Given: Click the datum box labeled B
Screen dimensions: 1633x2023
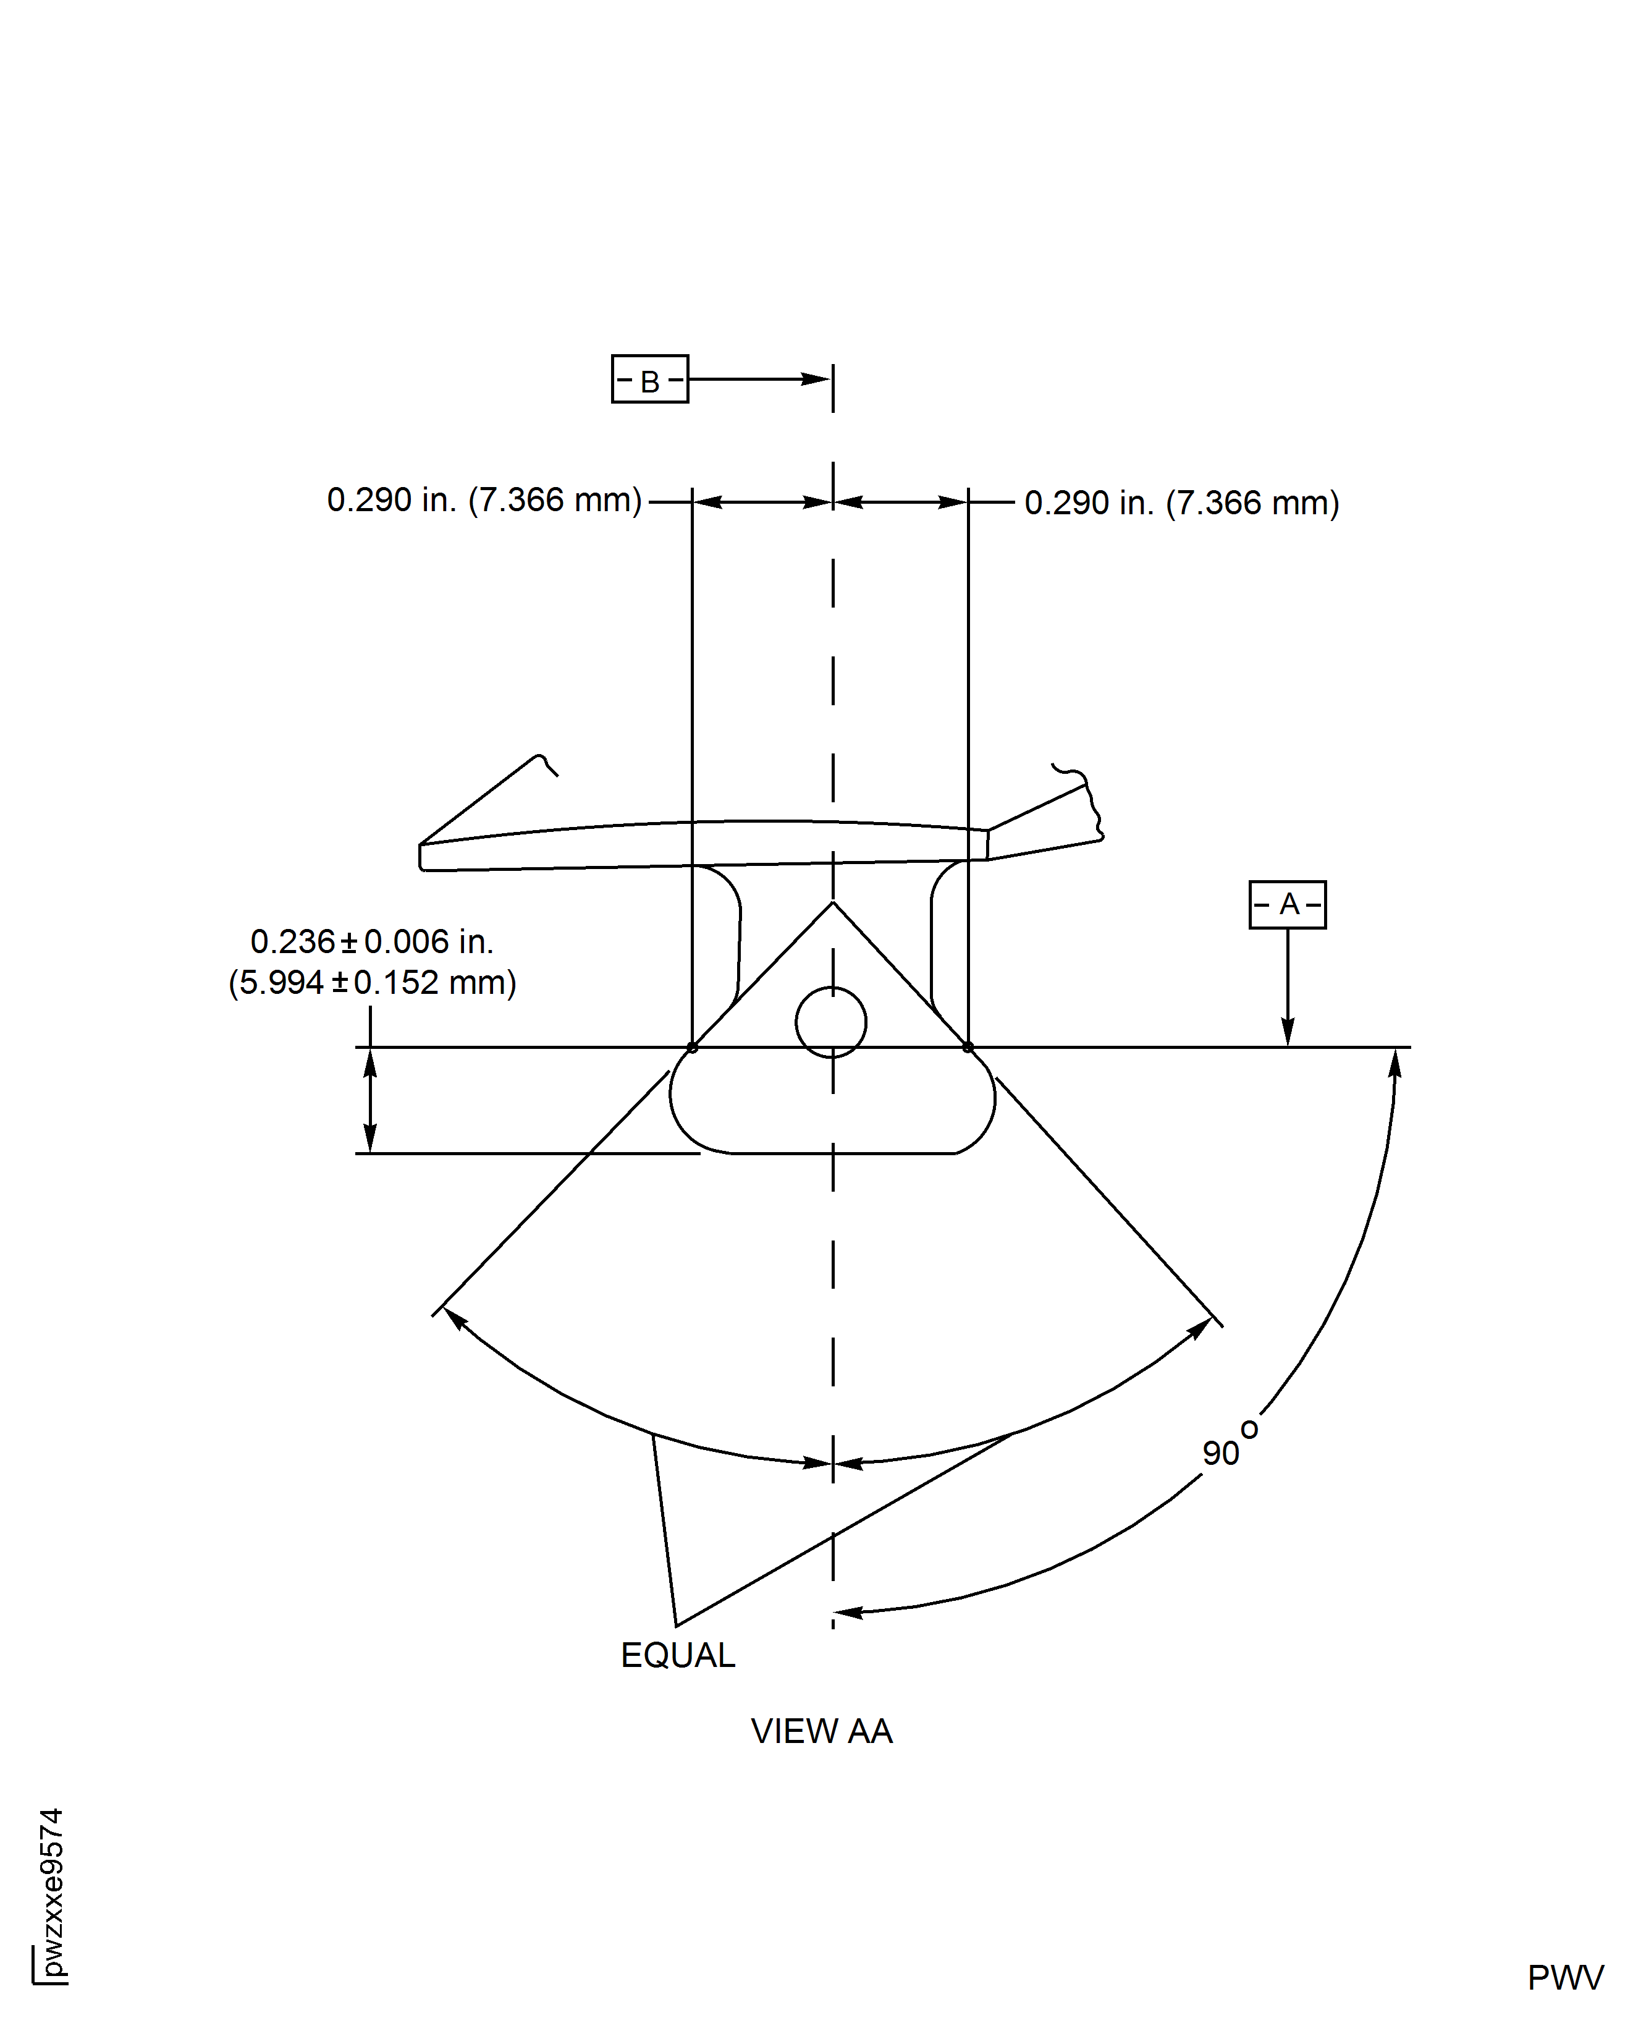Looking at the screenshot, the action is [x=649, y=379].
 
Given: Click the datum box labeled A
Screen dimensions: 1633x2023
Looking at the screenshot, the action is [x=1287, y=904].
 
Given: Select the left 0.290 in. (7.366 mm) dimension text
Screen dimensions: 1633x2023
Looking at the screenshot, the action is [x=484, y=499].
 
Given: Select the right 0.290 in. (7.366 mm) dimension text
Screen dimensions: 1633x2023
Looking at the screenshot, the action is [x=1181, y=503].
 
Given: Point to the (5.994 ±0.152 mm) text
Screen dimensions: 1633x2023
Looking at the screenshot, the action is [x=373, y=982].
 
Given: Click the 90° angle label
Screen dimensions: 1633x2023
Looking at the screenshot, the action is [x=1230, y=1444].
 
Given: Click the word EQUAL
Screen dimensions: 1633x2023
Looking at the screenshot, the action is [x=678, y=1655].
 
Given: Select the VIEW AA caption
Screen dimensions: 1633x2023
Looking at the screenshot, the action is [x=821, y=1731].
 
